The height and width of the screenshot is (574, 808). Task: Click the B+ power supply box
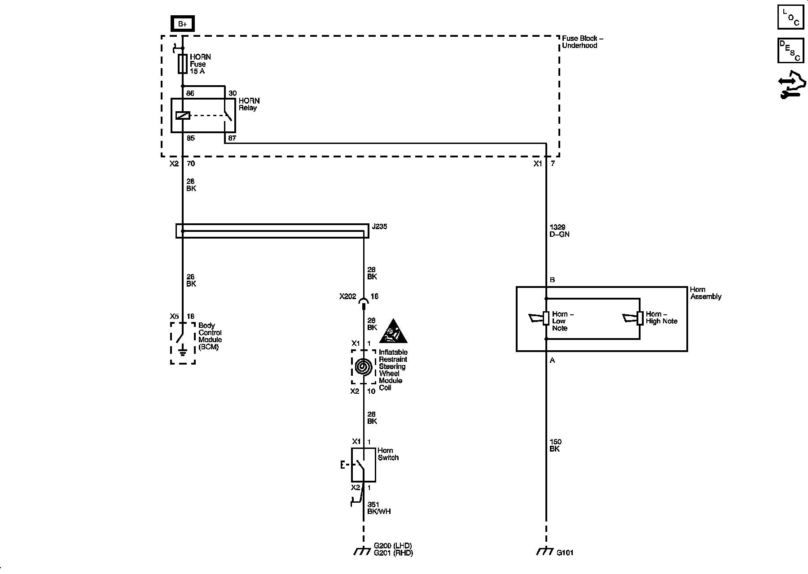coord(183,24)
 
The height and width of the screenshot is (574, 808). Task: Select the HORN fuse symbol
coord(183,64)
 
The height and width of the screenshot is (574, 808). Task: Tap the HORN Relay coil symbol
coord(183,115)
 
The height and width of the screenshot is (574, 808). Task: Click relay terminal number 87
coord(232,138)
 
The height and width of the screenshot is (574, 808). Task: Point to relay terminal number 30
coord(232,93)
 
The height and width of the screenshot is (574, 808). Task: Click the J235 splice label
coord(379,226)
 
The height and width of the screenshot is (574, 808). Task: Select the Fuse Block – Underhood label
coord(582,42)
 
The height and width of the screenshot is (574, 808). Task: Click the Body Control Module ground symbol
coord(183,351)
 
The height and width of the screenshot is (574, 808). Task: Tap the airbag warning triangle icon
coord(393,332)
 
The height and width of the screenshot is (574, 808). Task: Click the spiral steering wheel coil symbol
coord(364,367)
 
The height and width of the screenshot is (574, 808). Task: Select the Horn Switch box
coord(363,465)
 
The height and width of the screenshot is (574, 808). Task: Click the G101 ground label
coord(565,553)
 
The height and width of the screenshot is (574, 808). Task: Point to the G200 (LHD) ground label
coord(393,546)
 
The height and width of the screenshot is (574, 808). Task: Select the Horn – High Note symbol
coord(633,318)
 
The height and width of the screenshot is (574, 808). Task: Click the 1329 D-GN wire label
coord(559,230)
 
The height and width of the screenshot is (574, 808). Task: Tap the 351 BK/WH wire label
coord(379,508)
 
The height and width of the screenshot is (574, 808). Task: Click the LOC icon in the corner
coord(790,17)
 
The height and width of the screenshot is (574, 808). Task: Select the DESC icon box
coord(790,50)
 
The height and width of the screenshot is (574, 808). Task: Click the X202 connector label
coord(347,296)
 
